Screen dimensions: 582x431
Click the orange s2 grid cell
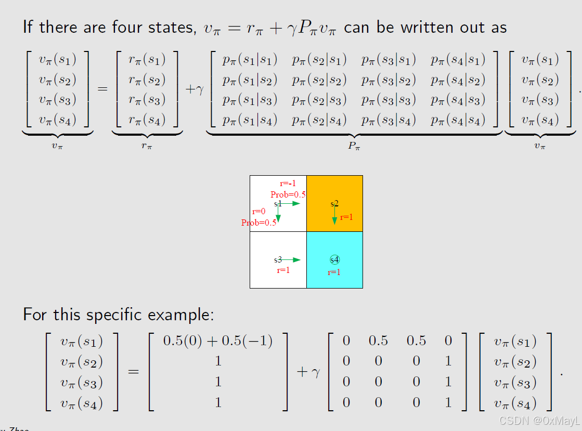pyautogui.click(x=334, y=203)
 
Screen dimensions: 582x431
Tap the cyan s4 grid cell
pyautogui.click(x=334, y=260)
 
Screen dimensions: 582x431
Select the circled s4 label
pyautogui.click(x=334, y=259)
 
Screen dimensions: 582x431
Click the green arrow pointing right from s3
pyautogui.click(x=291, y=259)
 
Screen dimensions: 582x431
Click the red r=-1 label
pyautogui.click(x=288, y=184)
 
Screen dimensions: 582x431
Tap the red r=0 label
pyautogui.click(x=258, y=212)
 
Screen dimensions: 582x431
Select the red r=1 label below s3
pyautogui.click(x=283, y=270)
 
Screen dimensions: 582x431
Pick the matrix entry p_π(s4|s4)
pyautogui.click(x=458, y=120)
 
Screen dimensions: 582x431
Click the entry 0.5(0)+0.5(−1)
pyautogui.click(x=218, y=341)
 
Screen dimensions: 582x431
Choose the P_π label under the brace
pyautogui.click(x=354, y=146)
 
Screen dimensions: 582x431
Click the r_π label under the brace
pyautogui.click(x=147, y=146)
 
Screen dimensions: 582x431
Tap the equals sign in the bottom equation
pyautogui.click(x=134, y=372)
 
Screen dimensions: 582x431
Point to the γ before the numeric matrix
pyautogui.click(x=315, y=372)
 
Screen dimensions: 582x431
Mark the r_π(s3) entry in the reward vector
pyautogui.click(x=147, y=100)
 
